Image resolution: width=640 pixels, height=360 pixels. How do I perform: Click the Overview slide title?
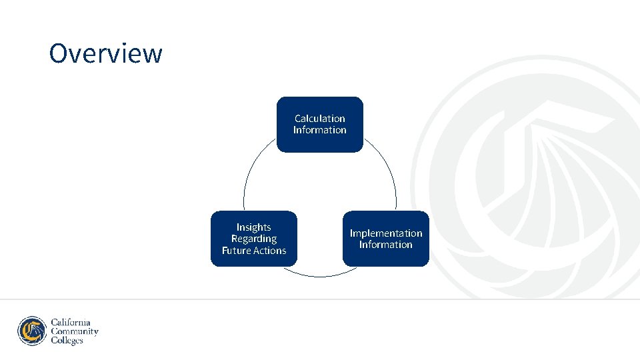(x=105, y=53)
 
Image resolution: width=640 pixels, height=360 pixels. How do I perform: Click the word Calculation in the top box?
(x=320, y=119)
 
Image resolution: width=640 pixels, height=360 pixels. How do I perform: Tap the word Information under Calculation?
(x=320, y=130)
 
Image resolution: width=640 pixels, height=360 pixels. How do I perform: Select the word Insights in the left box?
(x=254, y=227)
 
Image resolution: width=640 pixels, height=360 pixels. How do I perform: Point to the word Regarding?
(x=254, y=239)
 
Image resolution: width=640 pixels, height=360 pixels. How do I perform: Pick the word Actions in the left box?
(x=271, y=251)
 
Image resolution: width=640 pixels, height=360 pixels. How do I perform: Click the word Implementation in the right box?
(x=386, y=233)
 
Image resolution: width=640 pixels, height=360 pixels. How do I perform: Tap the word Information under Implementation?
(x=386, y=245)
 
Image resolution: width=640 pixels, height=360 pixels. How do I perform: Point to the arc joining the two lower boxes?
(x=320, y=276)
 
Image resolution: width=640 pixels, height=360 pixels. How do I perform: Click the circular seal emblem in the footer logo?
(x=32, y=331)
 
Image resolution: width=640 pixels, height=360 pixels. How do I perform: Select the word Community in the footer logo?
(x=75, y=331)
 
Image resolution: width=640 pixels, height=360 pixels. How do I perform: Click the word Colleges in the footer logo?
(x=67, y=341)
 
